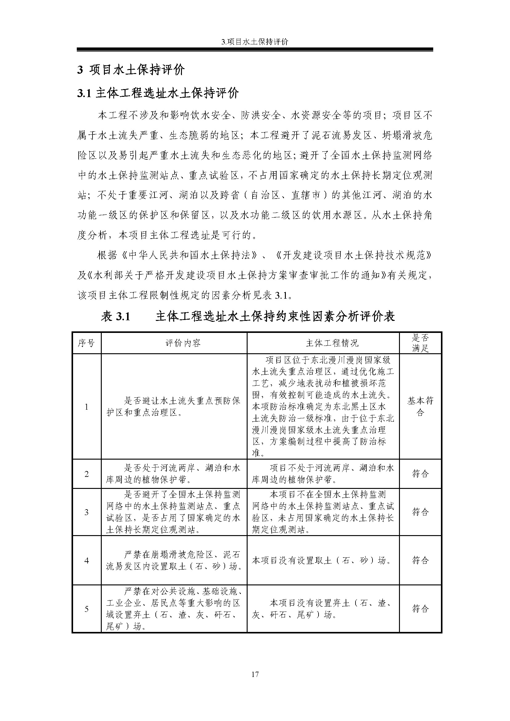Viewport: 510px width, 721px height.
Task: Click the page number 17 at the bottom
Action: coord(255,674)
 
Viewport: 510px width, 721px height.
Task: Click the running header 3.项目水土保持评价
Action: coord(255,42)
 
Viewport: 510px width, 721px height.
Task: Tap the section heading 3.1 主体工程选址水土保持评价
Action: coord(158,93)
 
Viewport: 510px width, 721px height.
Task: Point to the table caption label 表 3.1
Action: coord(115,317)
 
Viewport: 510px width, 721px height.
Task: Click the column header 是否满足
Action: coord(420,343)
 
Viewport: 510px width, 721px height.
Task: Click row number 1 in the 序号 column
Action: coord(86,407)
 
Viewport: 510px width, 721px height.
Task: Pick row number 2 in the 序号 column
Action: coord(86,474)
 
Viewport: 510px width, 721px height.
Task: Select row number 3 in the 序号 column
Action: coord(86,512)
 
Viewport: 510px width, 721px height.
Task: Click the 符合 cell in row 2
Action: coord(420,474)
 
